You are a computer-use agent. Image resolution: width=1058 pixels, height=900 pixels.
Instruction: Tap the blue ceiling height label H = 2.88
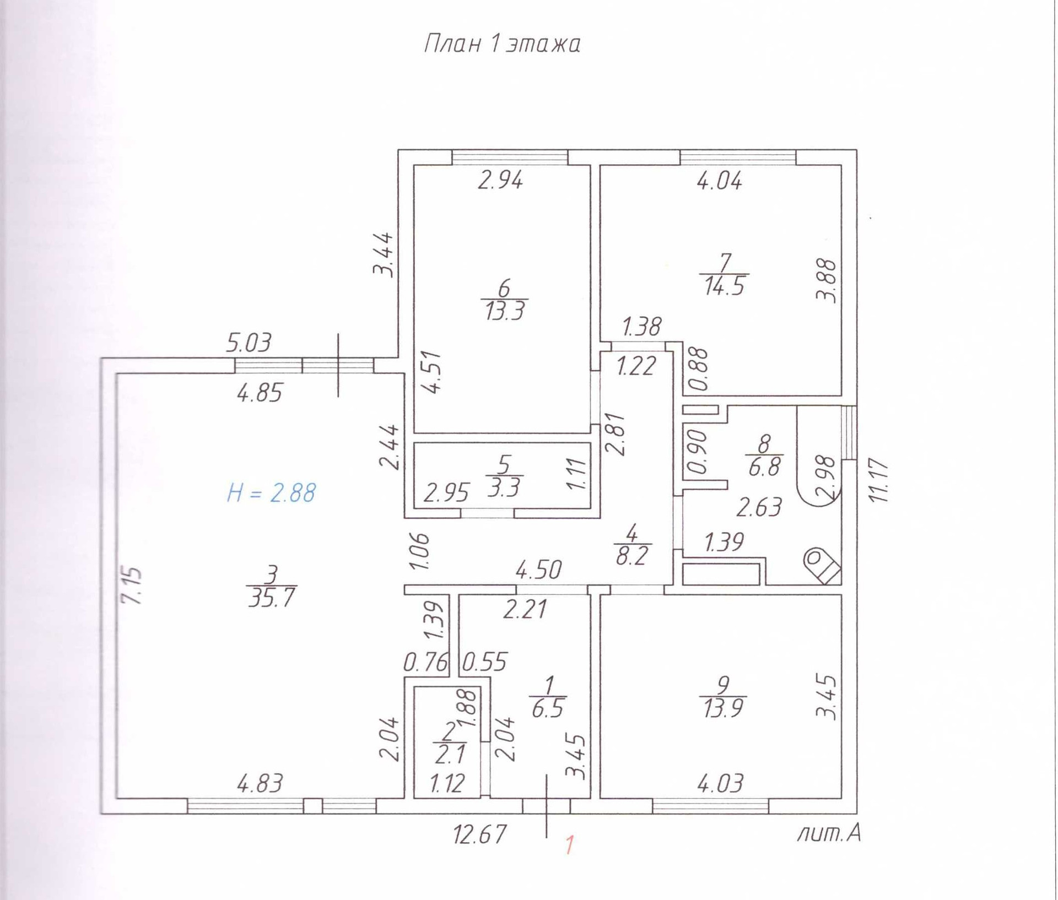(271, 493)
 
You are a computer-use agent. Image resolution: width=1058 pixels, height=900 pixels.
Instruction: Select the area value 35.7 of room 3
(271, 597)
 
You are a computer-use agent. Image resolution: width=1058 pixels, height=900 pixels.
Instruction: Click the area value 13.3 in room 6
(505, 311)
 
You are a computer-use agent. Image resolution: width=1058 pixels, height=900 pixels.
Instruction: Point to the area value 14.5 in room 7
(724, 286)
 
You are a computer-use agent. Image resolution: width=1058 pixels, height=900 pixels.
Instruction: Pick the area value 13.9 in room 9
(723, 708)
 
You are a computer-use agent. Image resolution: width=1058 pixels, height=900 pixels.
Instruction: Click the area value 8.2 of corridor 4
(631, 556)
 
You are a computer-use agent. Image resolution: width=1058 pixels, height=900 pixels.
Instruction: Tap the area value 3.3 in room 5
(504, 488)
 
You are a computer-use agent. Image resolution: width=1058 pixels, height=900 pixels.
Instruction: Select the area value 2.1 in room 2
(449, 754)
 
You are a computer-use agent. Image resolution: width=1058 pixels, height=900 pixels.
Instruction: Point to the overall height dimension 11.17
(878, 480)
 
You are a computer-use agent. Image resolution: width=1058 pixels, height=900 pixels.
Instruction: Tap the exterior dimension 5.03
(249, 343)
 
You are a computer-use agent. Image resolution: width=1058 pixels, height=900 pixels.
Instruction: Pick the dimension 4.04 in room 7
(719, 181)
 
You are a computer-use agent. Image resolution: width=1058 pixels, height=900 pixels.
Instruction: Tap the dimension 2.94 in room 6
(500, 180)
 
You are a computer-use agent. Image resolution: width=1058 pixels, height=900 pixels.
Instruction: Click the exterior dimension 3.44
(384, 254)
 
